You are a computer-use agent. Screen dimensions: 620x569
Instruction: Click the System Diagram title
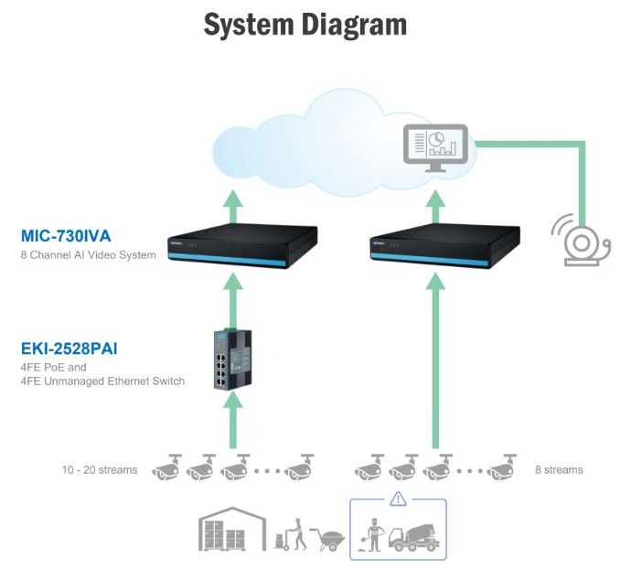point(305,25)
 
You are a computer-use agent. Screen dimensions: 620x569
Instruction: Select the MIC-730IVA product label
point(66,236)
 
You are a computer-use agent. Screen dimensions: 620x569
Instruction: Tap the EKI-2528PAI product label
point(69,349)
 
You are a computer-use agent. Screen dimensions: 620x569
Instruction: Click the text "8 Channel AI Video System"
point(88,255)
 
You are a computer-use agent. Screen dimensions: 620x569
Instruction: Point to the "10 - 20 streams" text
point(100,469)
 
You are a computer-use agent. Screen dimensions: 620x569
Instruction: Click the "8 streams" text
point(559,469)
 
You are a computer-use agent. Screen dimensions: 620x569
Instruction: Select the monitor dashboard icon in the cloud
point(435,148)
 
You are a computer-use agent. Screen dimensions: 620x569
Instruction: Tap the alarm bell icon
point(582,241)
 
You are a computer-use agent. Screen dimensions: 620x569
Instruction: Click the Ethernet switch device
point(233,360)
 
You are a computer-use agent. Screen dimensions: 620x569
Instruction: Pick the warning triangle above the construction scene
point(398,499)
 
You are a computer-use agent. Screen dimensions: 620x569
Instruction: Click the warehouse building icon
point(232,529)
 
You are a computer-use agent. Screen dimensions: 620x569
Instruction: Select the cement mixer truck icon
point(414,537)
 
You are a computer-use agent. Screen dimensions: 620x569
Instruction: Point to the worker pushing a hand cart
point(291,534)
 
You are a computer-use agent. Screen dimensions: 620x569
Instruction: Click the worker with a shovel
point(372,535)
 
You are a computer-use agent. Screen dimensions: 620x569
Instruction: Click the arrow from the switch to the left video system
point(233,301)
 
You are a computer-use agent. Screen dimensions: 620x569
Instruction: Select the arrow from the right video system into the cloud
point(435,207)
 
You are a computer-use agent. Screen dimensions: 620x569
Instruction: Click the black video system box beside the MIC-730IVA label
point(242,246)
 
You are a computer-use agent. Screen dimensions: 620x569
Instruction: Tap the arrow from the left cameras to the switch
point(233,420)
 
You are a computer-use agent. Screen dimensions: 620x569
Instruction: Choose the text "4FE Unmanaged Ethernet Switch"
point(102,381)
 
